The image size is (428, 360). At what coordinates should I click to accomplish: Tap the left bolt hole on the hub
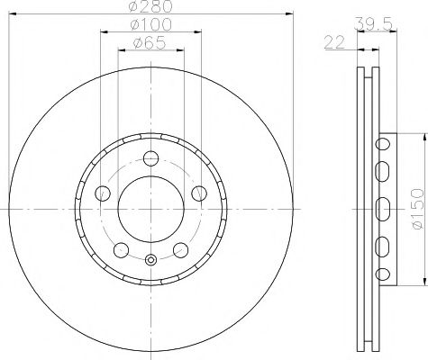point(102,193)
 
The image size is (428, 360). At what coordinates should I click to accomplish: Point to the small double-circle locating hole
point(150,261)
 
